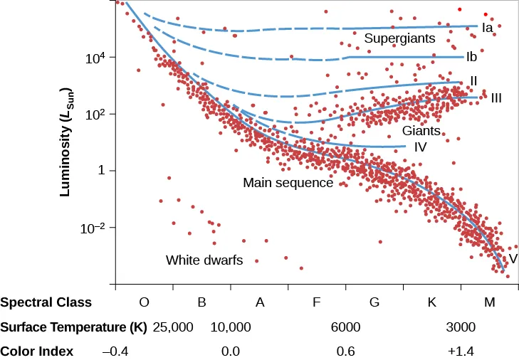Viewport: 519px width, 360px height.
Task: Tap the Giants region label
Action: tap(421, 131)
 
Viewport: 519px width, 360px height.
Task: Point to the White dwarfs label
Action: tap(204, 260)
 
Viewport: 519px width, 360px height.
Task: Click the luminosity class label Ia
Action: tap(488, 28)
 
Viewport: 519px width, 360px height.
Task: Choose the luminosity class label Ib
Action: tap(471, 56)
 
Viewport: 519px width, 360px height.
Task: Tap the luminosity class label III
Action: tap(496, 97)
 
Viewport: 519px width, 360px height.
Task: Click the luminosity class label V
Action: tap(513, 259)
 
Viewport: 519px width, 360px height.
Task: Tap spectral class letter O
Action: tap(144, 302)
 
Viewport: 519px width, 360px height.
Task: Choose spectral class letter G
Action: tap(374, 302)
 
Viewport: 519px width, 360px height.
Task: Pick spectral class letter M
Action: tap(489, 302)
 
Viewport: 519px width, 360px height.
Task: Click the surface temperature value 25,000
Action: tap(173, 327)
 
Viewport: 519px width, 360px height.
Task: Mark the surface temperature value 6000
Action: tap(346, 327)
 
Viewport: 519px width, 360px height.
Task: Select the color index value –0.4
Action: tap(115, 351)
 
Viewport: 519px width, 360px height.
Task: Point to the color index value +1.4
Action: tap(461, 351)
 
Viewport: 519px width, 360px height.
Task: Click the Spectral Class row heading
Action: tap(46, 302)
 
